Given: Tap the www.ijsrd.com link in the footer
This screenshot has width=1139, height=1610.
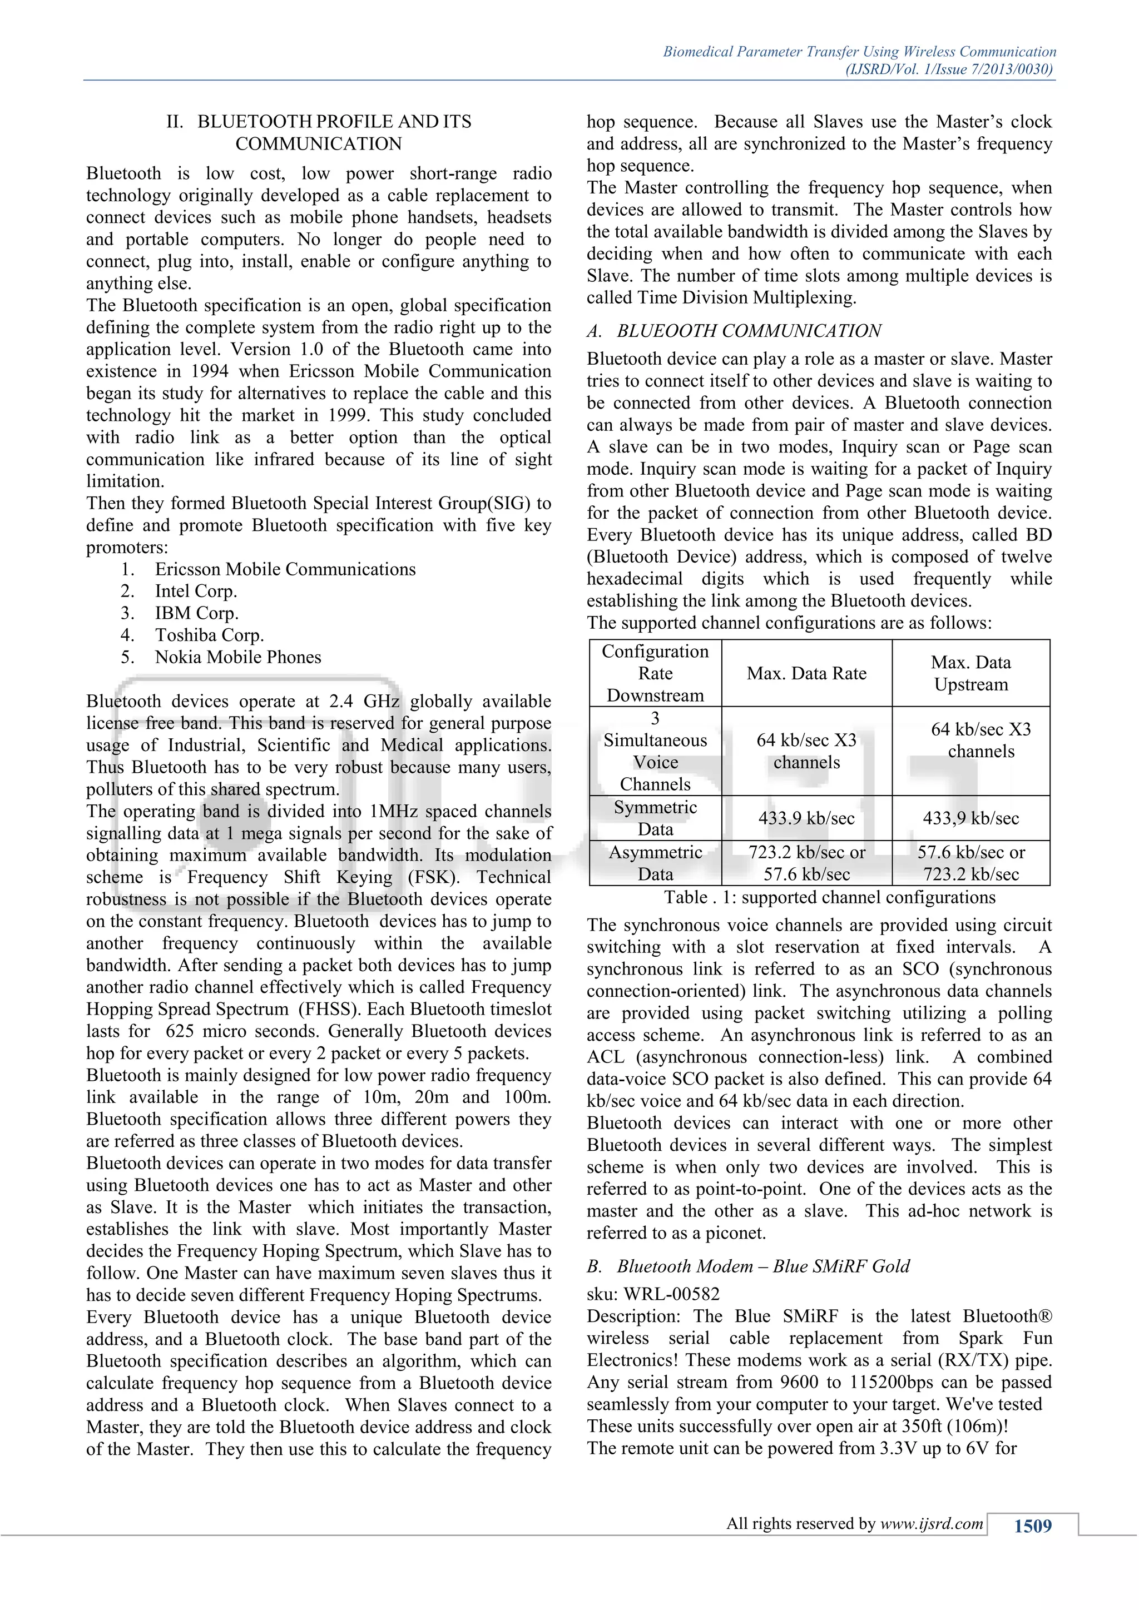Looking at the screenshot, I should (932, 1523).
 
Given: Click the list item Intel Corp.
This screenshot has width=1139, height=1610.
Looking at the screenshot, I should (196, 591).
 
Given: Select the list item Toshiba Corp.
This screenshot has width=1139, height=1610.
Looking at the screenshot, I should (209, 635).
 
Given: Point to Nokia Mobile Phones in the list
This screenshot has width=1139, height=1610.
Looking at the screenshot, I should (238, 657).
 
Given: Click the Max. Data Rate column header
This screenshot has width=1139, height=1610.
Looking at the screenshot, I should (806, 673).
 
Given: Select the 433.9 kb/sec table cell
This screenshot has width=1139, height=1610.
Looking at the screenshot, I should (806, 818).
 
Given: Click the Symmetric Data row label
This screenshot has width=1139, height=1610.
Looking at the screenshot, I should (655, 818).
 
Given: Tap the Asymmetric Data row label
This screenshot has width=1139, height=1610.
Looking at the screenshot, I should (655, 863).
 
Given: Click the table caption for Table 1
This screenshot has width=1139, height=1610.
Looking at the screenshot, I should (830, 897).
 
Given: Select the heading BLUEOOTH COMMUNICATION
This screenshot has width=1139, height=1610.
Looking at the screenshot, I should (749, 330).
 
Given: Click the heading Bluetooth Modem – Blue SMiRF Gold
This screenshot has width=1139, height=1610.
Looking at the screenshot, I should (762, 1266).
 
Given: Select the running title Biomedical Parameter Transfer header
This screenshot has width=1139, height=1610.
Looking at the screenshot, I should (859, 52).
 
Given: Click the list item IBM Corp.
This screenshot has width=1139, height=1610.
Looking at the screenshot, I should (196, 614).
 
